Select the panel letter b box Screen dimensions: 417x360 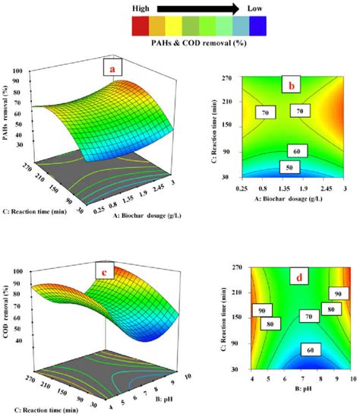[292, 84]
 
